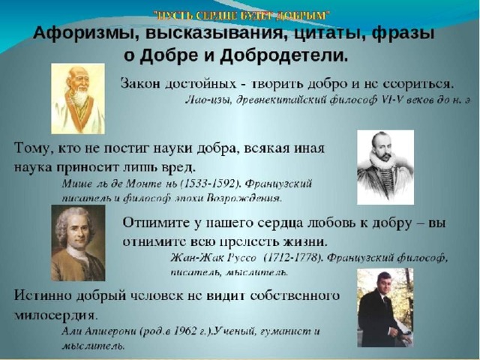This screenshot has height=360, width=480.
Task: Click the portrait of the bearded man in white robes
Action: (78, 98)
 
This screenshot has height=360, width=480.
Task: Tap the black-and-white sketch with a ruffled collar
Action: (385, 167)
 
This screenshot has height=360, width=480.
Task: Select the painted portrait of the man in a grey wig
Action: (78, 243)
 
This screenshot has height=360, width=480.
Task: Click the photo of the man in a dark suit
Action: (385, 307)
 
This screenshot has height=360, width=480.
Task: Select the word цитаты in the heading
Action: (328, 34)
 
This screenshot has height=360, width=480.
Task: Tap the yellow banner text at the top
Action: (241, 14)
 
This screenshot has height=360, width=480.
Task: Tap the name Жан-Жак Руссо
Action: (213, 258)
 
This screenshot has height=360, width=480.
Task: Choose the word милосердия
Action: (55, 314)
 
